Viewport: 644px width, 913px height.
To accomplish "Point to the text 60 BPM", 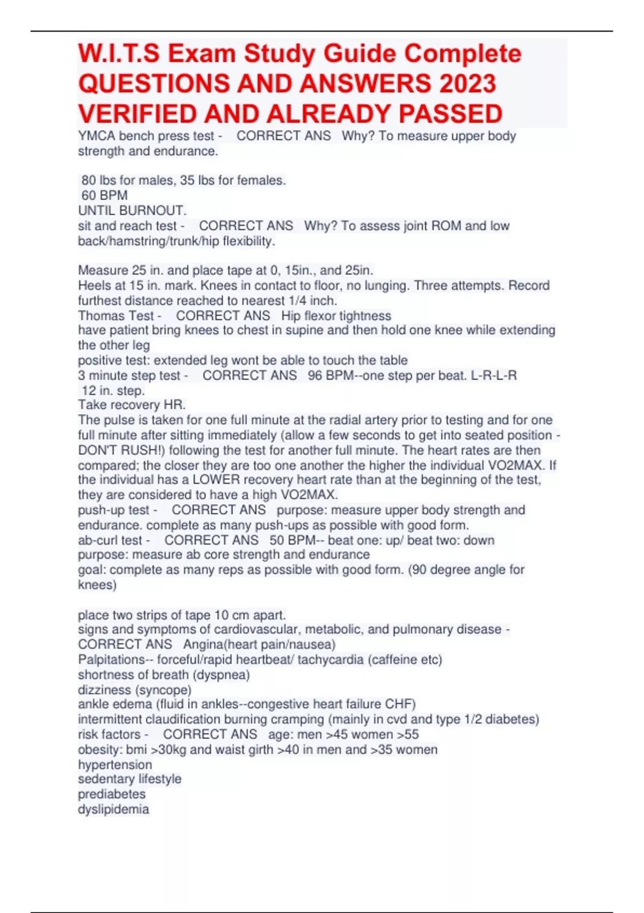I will (x=105, y=195).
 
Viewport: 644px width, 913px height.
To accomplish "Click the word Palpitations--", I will (x=115, y=659).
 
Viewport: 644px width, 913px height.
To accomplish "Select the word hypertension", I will (x=115, y=764).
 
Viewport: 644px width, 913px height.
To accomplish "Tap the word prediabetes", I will (x=112, y=794).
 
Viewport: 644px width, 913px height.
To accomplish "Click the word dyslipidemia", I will (x=113, y=809).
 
